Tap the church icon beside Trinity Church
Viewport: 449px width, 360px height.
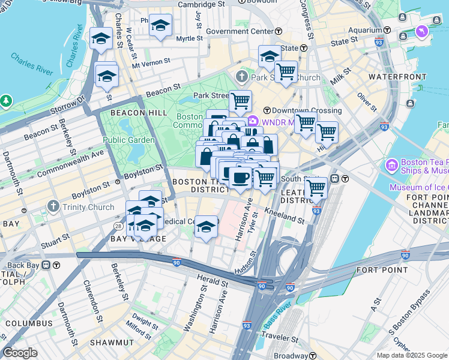pos(54,208)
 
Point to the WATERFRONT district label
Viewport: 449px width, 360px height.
pos(392,77)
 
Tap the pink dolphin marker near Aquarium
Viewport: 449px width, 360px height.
pos(421,31)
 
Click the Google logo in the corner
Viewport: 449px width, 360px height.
pos(20,353)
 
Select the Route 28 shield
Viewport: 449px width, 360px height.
pos(118,226)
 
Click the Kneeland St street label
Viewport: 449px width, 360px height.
pos(284,217)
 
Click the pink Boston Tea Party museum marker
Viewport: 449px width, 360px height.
pos(392,164)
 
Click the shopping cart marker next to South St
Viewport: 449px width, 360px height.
pos(316,188)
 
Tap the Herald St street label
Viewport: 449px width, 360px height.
pos(213,280)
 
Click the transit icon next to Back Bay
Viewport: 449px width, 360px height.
pos(56,265)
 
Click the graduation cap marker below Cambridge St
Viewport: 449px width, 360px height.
pos(160,26)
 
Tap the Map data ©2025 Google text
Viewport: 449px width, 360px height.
pos(412,355)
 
